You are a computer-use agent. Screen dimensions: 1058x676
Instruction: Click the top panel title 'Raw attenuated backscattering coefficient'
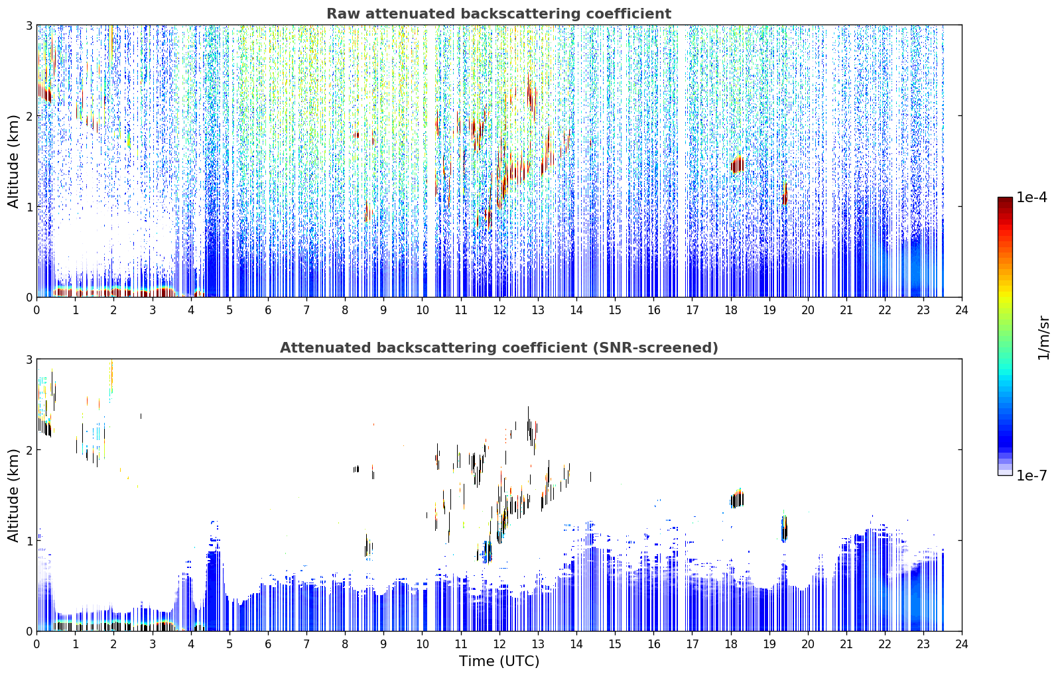[499, 14]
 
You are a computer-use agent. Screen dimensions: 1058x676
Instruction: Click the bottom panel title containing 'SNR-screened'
[499, 348]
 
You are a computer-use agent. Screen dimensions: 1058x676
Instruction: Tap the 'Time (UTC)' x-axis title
[499, 661]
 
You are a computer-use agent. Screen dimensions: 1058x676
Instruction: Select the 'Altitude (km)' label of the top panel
[13, 162]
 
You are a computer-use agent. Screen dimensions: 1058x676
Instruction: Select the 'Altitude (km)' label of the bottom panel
[13, 495]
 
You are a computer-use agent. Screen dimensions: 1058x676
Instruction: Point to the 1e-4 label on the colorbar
[1031, 197]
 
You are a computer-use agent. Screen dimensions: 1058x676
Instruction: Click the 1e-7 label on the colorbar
[1031, 475]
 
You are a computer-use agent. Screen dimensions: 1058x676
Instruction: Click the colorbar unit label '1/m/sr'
[1043, 338]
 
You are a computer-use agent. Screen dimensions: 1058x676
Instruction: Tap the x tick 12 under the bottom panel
[499, 644]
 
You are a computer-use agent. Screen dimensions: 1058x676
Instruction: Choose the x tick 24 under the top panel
[962, 310]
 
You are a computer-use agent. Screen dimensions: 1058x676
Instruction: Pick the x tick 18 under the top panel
[731, 310]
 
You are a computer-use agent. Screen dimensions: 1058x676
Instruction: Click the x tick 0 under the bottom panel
[37, 644]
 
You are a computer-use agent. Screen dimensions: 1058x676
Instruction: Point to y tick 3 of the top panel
[29, 25]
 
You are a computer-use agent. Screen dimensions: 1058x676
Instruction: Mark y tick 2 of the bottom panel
[29, 450]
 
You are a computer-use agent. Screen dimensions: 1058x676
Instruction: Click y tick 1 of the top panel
[29, 207]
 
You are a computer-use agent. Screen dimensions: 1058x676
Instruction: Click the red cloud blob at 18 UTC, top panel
[738, 165]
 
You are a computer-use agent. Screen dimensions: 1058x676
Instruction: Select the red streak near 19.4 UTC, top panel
[785, 194]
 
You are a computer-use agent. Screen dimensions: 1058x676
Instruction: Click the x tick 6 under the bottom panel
[268, 644]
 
